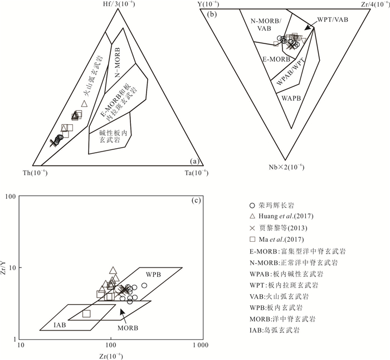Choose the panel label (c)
point(194,201)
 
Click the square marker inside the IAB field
point(86,314)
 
